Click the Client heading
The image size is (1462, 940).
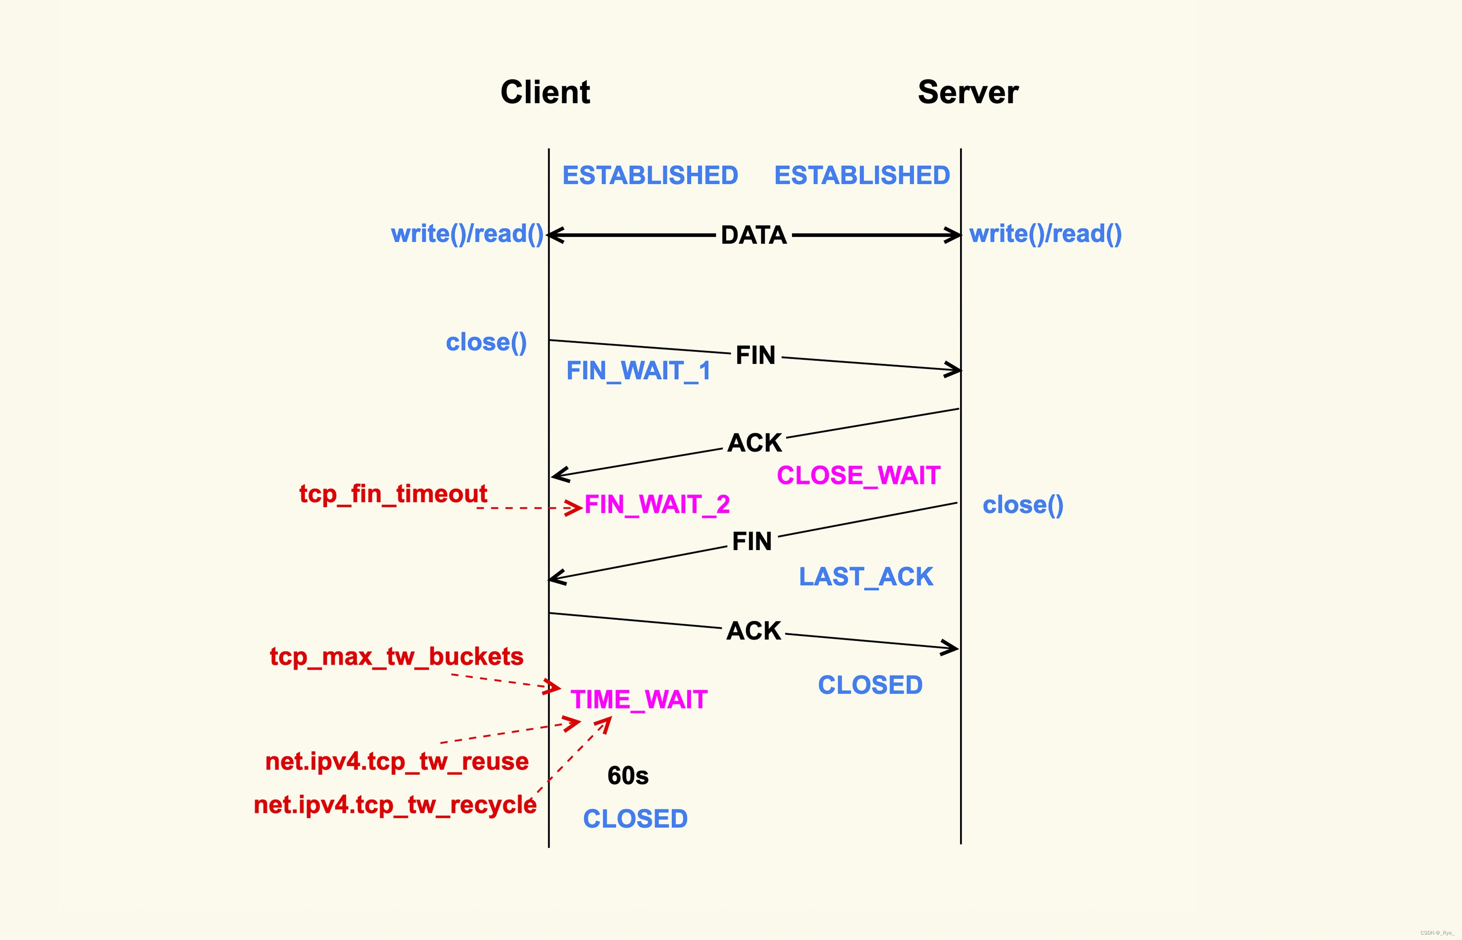pos(545,92)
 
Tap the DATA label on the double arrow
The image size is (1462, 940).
pos(753,235)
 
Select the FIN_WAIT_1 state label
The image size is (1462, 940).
pos(638,370)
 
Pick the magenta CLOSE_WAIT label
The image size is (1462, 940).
pos(858,476)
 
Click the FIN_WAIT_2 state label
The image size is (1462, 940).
pos(657,504)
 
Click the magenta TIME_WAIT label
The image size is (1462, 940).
pos(638,699)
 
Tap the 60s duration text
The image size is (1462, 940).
pos(628,776)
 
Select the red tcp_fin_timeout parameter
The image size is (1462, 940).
pos(393,494)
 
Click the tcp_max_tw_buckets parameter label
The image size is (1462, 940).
pos(396,657)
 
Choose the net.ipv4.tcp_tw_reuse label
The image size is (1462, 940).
pos(397,762)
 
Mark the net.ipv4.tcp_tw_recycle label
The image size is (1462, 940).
pos(395,805)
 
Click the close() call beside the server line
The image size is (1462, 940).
pos(1022,505)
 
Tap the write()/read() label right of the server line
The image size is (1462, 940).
pos(1045,234)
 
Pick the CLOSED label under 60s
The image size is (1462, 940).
pos(635,819)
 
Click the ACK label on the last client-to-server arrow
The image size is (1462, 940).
pos(753,631)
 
